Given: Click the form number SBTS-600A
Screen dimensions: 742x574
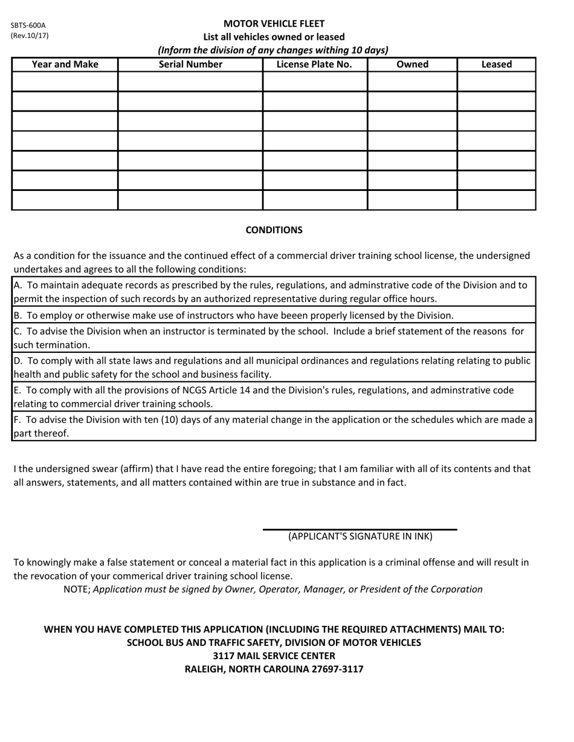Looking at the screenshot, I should (28, 25).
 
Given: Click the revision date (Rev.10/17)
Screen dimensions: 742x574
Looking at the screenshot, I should (30, 35).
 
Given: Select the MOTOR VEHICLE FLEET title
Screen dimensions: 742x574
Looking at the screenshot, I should (274, 24).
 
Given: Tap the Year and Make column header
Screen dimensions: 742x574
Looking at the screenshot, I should (65, 64).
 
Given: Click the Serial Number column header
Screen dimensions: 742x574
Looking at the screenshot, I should (190, 64).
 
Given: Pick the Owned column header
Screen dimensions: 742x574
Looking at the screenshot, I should (412, 64).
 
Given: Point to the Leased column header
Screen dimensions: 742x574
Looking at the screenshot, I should (497, 64).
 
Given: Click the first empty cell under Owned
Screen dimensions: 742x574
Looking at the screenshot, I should (412, 82).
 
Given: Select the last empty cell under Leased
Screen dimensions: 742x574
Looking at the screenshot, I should (497, 200).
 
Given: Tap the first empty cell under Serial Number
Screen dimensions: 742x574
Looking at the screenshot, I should (190, 82).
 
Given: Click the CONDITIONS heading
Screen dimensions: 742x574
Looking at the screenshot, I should (274, 230).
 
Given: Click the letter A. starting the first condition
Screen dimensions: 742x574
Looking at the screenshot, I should (18, 285).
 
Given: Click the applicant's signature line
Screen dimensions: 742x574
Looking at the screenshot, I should (360, 529).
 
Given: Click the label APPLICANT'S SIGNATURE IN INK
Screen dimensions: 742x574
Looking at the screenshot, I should (360, 537).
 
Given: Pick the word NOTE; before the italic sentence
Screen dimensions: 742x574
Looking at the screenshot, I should (77, 589).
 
